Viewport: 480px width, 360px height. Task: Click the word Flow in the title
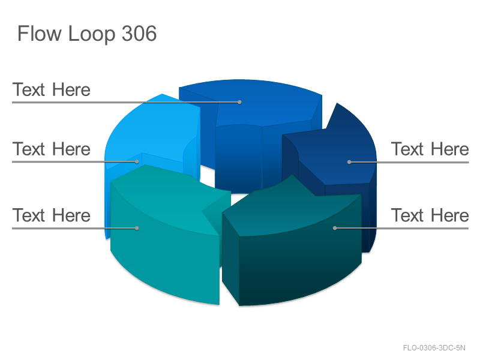coord(39,33)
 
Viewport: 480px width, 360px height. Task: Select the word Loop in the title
coord(92,34)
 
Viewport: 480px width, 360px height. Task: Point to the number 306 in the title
coord(139,33)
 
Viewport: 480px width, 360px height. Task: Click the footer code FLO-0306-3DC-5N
coord(434,348)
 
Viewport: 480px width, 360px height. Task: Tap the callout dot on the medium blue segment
coord(239,102)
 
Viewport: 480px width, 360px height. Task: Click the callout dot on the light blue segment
coord(137,161)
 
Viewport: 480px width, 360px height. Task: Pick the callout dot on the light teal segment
coord(137,228)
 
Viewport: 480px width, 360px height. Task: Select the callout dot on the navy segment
coord(349,162)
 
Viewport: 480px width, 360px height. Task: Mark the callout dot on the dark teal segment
coord(335,228)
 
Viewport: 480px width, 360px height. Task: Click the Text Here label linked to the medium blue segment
coord(52,89)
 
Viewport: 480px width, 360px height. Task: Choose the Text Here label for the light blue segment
coord(52,149)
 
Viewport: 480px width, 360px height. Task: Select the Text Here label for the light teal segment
coord(52,215)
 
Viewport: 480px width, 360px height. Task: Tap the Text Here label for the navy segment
coord(430,149)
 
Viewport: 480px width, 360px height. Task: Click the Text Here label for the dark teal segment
coord(430,215)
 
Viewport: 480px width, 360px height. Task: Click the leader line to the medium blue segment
coord(126,102)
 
